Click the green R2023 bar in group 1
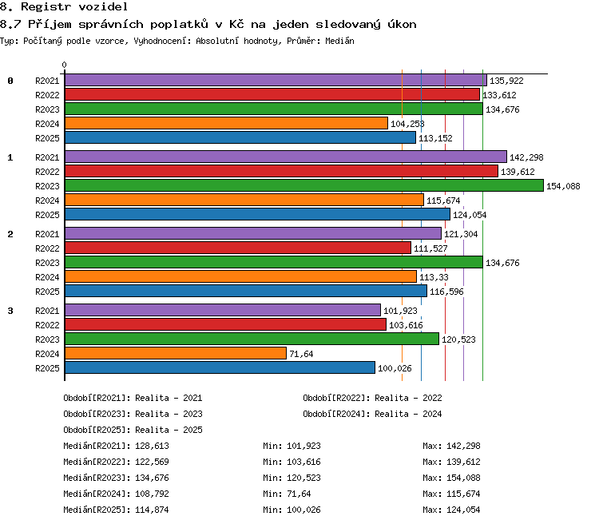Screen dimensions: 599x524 [x=304, y=186]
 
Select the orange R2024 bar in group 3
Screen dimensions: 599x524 [x=176, y=354]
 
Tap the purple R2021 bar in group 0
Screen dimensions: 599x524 [x=276, y=80]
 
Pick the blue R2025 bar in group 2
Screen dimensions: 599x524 [x=246, y=292]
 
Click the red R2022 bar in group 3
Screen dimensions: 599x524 [x=225, y=325]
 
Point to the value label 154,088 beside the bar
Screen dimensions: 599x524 [x=563, y=186]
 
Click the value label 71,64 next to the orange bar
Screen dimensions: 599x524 [x=301, y=354]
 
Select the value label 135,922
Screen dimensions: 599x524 [x=506, y=81]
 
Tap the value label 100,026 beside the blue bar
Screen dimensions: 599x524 [x=395, y=368]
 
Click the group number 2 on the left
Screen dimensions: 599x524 [x=10, y=234]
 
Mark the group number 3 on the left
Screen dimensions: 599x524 [x=10, y=311]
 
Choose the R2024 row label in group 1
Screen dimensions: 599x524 [x=47, y=200]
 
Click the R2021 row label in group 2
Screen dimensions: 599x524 [x=47, y=234]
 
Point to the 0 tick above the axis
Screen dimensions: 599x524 [x=64, y=65]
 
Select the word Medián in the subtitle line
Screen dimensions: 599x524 [x=339, y=41]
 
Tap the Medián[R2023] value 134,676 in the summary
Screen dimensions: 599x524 [x=152, y=478]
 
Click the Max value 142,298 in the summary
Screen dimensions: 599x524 [x=463, y=446]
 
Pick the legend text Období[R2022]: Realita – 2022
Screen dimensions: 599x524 [x=372, y=398]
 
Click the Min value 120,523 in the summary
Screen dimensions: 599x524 [x=303, y=478]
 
